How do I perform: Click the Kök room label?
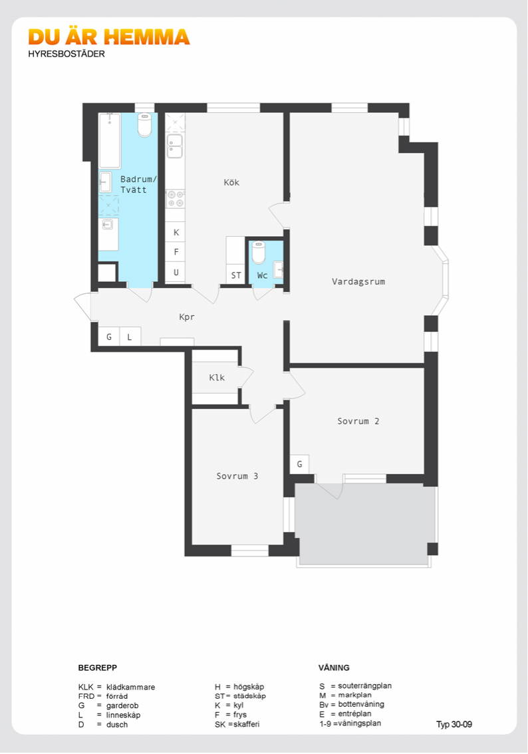[231, 182]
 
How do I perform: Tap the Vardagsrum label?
[358, 282]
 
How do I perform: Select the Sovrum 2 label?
[358, 422]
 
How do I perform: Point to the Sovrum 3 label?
[237, 476]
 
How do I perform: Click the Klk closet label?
[217, 378]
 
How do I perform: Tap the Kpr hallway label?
[187, 317]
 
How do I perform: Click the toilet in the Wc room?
[259, 252]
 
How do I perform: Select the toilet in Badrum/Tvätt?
[145, 124]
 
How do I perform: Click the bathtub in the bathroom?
[110, 140]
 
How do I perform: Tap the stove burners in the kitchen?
[175, 199]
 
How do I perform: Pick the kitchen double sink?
[174, 146]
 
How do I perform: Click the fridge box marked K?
[176, 232]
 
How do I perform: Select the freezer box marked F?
[176, 252]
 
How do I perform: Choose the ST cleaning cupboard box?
[235, 275]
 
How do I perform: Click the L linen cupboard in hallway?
[130, 336]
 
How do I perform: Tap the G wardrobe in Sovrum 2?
[300, 465]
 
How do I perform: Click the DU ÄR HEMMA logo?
[108, 37]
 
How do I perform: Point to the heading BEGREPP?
[98, 668]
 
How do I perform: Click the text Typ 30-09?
[454, 724]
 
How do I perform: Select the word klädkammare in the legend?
[131, 687]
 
